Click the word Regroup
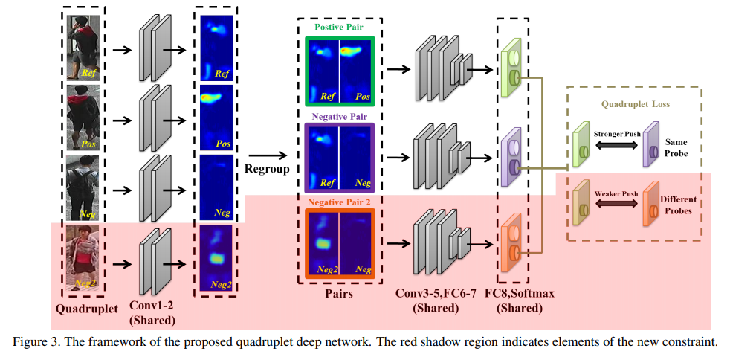[265, 169]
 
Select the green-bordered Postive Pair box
[339, 69]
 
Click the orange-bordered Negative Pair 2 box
[339, 242]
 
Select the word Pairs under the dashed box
[339, 293]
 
